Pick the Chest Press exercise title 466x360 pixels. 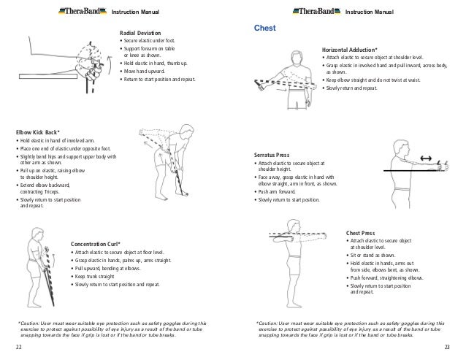[x=360, y=233]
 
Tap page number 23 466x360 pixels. [x=448, y=344]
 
